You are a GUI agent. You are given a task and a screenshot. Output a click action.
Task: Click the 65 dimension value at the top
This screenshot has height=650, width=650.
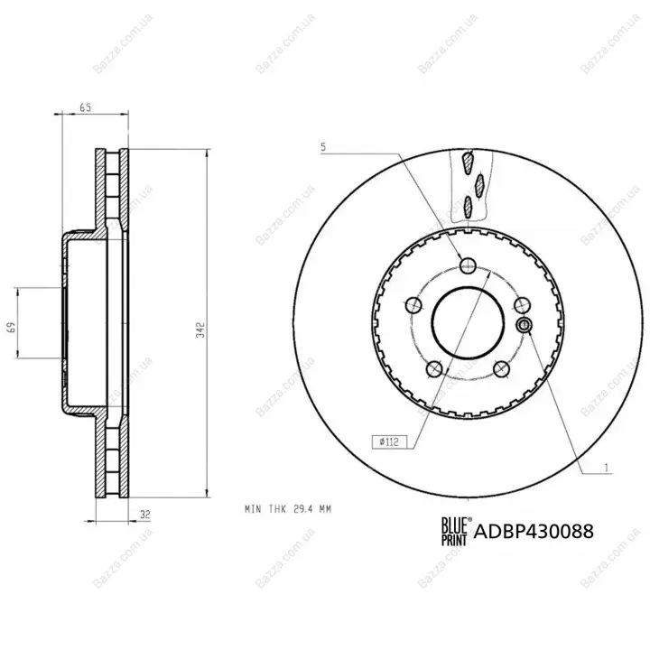[85, 107]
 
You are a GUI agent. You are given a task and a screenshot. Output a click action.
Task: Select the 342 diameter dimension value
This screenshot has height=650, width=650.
[200, 330]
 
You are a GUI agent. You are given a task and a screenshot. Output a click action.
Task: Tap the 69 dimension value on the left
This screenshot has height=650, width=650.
[12, 327]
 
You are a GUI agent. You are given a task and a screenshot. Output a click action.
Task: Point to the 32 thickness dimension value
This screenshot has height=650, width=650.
[144, 515]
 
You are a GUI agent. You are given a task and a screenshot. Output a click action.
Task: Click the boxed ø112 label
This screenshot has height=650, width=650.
[389, 441]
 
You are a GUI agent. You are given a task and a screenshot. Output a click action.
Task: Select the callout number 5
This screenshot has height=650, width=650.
[323, 147]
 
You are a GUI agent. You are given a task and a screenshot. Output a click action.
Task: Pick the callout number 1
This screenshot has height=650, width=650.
[606, 468]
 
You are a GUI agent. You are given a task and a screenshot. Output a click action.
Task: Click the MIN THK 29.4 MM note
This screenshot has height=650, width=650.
[288, 509]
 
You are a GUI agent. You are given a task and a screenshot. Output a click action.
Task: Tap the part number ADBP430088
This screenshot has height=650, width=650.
[534, 531]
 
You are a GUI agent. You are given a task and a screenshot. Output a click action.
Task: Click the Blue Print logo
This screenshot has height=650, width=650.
[456, 531]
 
